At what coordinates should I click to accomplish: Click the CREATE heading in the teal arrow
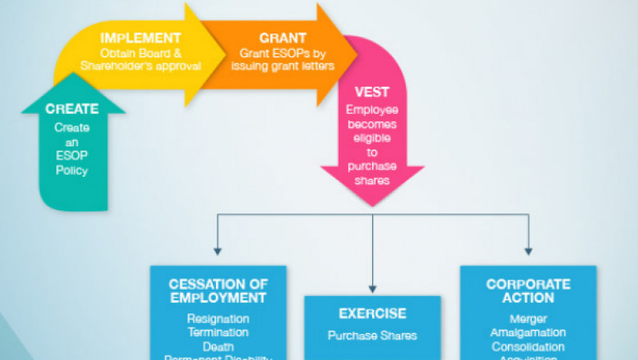[x=72, y=109]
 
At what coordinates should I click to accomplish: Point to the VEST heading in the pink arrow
[x=372, y=92]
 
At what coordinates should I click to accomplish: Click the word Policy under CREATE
[x=71, y=170]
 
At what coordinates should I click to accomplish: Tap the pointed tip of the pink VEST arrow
[x=372, y=205]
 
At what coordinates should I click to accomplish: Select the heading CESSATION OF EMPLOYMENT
[x=218, y=291]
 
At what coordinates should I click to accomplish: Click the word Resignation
[x=218, y=318]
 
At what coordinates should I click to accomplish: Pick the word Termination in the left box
[x=218, y=332]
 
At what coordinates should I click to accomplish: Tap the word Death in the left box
[x=218, y=346]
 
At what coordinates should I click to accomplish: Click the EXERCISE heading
[x=373, y=313]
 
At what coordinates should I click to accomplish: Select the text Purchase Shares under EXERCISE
[x=373, y=335]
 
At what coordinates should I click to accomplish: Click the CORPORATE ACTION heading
[x=528, y=291]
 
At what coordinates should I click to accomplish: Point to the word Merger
[x=528, y=318]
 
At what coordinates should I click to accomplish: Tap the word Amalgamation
[x=528, y=332]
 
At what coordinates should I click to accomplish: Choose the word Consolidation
[x=528, y=346]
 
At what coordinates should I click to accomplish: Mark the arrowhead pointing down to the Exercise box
[x=373, y=287]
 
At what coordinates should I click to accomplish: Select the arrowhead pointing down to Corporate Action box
[x=528, y=250]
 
